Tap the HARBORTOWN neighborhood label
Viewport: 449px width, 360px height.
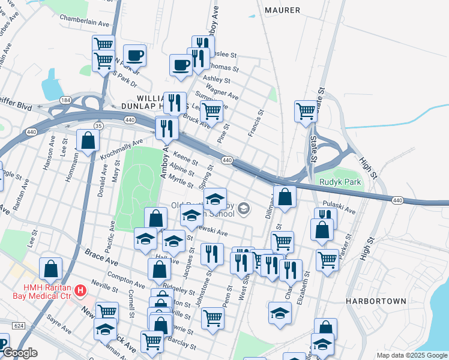coord(376,301)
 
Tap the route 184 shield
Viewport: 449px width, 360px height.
coord(65,100)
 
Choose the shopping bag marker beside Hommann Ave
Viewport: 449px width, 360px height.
coord(88,142)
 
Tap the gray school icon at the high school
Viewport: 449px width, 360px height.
coord(243,209)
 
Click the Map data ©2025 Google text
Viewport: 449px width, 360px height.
coord(411,355)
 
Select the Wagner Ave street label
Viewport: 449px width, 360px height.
coord(226,93)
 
